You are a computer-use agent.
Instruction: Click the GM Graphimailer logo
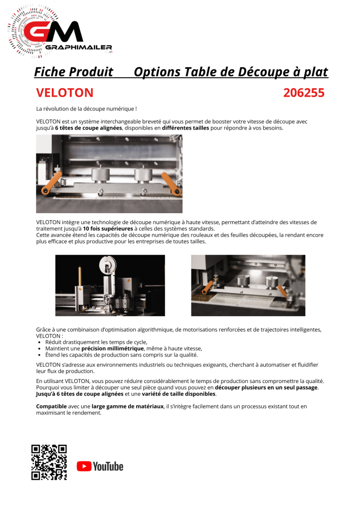pyautogui.click(x=60, y=32)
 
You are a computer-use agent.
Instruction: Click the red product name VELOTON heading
pyautogui.click(x=65, y=93)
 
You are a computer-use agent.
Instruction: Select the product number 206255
pyautogui.click(x=304, y=93)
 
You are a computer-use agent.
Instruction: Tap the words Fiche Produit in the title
pyautogui.click(x=73, y=72)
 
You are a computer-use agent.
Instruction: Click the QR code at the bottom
pyautogui.click(x=49, y=462)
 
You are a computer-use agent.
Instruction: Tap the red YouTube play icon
pyautogui.click(x=84, y=466)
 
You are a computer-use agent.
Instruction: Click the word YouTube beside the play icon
pyautogui.click(x=108, y=466)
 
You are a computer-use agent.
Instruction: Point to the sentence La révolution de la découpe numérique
pyautogui.click(x=86, y=109)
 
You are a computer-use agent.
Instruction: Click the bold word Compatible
pyautogui.click(x=52, y=406)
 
